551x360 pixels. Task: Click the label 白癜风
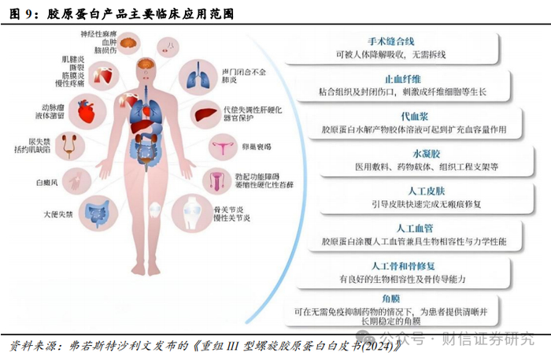38,182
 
